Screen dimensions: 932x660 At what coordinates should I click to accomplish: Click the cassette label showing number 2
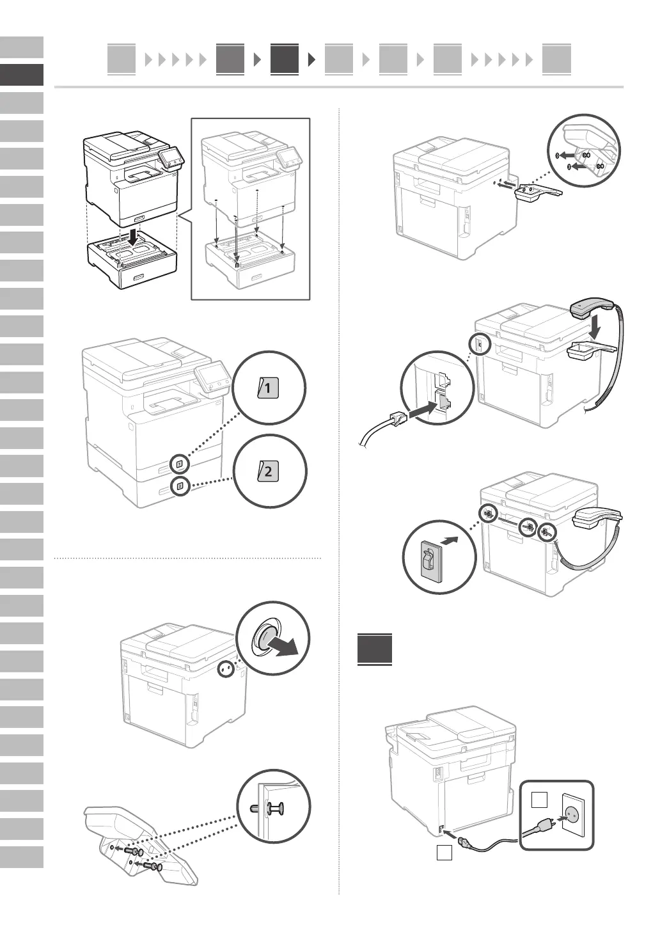tap(268, 472)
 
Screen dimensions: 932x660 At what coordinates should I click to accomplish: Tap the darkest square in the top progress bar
tap(284, 59)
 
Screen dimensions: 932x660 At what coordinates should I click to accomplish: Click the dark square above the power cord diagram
tap(375, 649)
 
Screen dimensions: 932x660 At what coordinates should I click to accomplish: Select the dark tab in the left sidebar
tap(22, 75)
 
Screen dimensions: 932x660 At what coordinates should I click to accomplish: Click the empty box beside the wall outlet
tap(540, 800)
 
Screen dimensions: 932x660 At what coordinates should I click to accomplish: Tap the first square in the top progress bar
tap(122, 59)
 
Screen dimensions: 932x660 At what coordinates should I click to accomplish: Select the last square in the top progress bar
tap(556, 59)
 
